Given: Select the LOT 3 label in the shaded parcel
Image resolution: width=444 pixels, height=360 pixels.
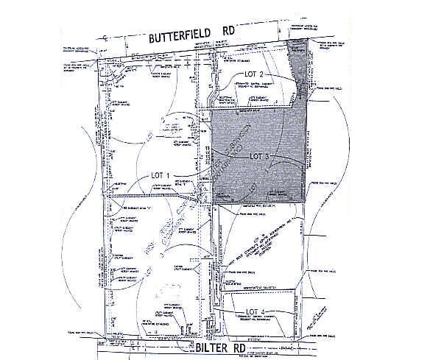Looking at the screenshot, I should (262, 157).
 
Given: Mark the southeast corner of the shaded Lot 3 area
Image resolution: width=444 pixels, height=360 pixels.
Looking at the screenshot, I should (305, 202).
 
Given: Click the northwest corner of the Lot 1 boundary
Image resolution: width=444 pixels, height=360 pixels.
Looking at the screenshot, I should (99, 60).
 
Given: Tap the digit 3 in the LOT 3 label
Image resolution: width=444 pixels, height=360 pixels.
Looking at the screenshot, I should (272, 157).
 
